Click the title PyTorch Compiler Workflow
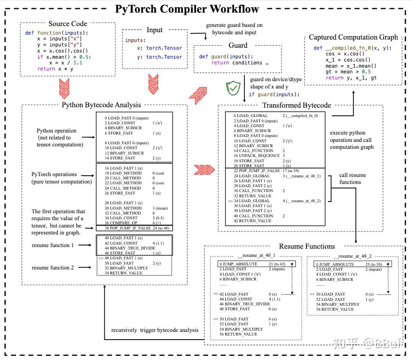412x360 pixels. pos(187,9)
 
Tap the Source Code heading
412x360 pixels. pos(68,24)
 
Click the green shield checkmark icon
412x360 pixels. pos(233,87)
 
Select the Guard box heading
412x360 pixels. pos(238,45)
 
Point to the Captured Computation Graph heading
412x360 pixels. pos(353,37)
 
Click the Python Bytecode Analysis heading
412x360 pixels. pos(101,105)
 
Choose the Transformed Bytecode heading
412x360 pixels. pos(297,105)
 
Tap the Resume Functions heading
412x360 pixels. pos(306,246)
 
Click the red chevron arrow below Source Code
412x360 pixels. pos(64,88)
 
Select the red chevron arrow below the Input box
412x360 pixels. pos(153,84)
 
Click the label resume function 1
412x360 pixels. pos(53,245)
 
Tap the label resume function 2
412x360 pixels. pos(53,267)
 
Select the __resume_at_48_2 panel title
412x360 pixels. pos(353,256)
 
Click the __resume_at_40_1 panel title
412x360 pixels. pos(256,256)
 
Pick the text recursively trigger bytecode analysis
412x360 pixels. pos(155,330)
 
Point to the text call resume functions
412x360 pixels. pos(352,179)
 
